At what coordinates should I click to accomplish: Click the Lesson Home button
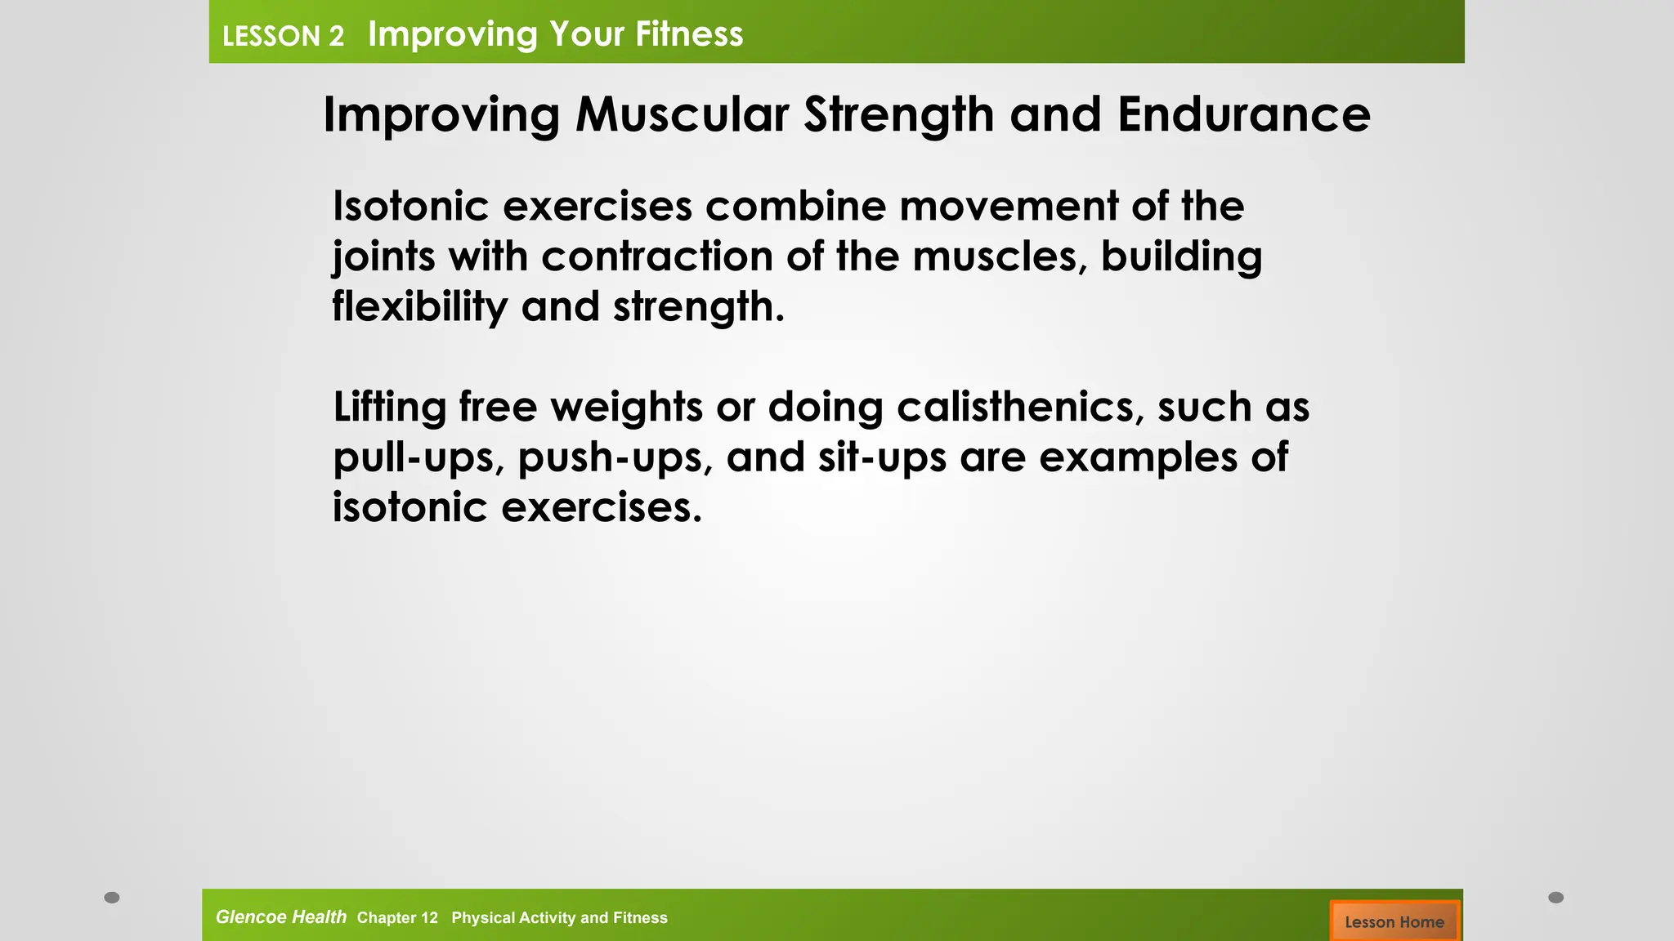(1394, 921)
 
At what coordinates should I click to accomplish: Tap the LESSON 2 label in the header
(283, 36)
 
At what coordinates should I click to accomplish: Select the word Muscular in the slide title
(682, 114)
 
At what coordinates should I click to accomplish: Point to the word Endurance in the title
(1243, 114)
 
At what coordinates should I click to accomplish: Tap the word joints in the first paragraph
(383, 257)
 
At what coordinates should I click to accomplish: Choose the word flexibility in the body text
(419, 308)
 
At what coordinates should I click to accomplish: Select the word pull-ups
(418, 457)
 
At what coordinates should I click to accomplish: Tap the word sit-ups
(882, 457)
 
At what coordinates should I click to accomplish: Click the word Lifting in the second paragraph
(389, 407)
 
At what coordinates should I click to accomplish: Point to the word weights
(626, 407)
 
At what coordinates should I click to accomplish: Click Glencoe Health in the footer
(280, 917)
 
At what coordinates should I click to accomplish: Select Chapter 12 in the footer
(397, 918)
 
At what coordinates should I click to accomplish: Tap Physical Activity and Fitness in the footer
(559, 918)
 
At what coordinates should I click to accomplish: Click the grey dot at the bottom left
(112, 898)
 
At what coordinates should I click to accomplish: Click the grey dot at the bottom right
(1556, 898)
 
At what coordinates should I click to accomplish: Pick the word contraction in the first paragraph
(656, 257)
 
